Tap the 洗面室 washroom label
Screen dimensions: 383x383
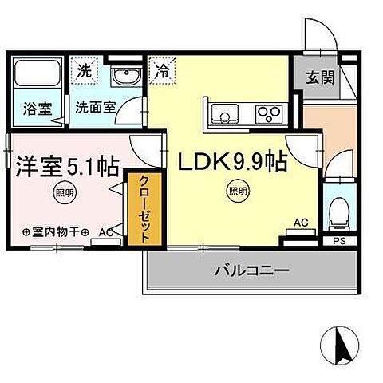point(95,107)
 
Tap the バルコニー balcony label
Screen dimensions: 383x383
point(251,270)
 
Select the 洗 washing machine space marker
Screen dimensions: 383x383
point(84,69)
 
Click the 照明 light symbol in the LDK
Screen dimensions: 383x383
point(235,190)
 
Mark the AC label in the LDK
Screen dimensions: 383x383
point(302,223)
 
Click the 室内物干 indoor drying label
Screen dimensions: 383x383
point(53,234)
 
